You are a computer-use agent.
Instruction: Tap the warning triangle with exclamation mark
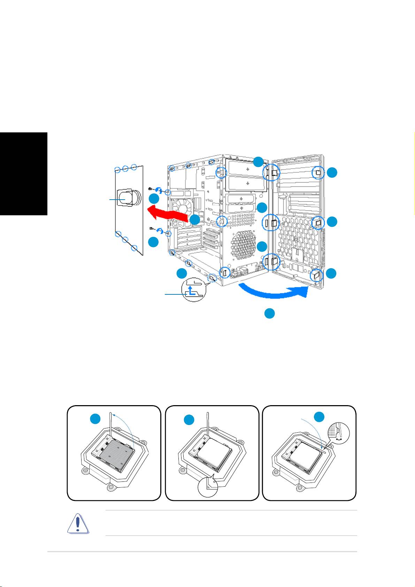78,523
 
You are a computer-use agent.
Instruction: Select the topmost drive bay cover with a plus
247,169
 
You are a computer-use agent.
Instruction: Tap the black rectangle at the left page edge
23,174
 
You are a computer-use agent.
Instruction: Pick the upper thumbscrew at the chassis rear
152,188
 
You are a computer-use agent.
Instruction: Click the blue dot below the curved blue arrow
269,313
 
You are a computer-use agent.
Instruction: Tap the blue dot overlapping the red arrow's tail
195,219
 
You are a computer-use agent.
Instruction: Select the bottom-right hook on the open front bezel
316,275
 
